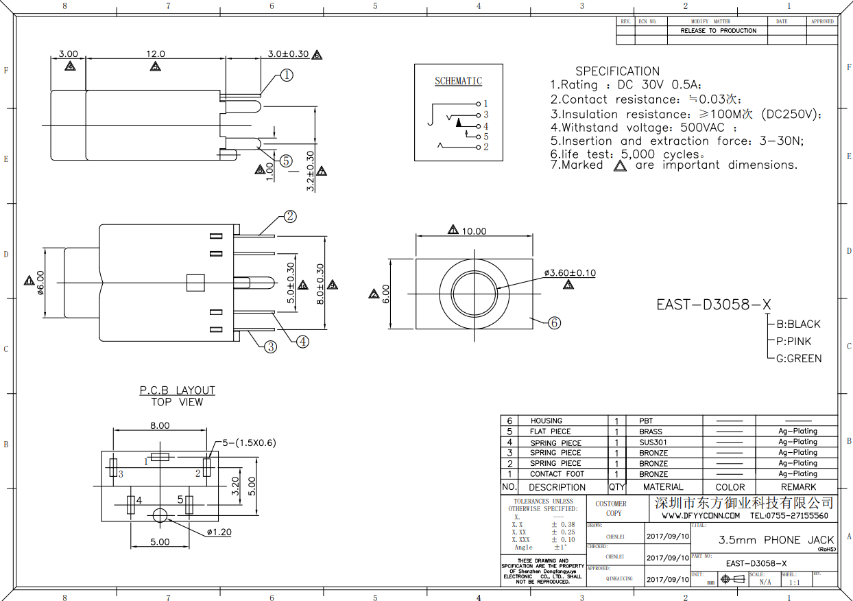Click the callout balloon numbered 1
tap(287, 75)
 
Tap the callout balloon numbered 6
tap(555, 322)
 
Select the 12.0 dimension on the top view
tap(154, 54)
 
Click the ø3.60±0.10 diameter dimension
tap(570, 273)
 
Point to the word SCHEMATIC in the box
tap(458, 81)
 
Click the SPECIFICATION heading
tap(617, 71)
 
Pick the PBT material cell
tap(646, 421)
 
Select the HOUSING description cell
tap(546, 421)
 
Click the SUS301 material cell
tap(653, 443)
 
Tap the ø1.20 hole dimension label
tap(219, 532)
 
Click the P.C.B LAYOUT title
tap(177, 390)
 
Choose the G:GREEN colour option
tap(798, 358)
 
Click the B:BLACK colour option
tap(797, 324)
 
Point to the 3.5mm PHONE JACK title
tap(776, 540)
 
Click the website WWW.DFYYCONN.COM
tap(700, 516)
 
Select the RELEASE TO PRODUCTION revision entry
tap(718, 31)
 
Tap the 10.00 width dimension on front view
tap(473, 231)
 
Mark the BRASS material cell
tap(651, 432)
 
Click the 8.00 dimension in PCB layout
tap(160, 425)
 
